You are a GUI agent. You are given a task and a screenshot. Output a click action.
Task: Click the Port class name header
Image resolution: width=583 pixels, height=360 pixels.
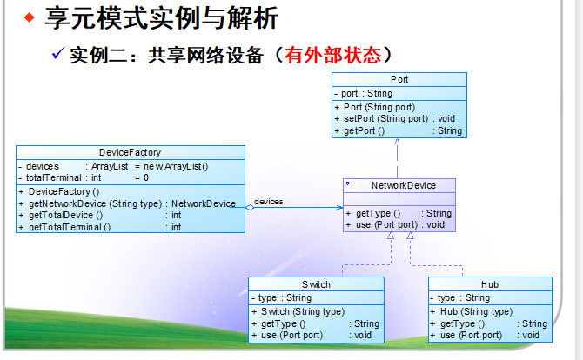pyautogui.click(x=399, y=79)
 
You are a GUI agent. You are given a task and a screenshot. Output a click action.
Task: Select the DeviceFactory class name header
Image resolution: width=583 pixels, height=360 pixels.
pyautogui.click(x=130, y=152)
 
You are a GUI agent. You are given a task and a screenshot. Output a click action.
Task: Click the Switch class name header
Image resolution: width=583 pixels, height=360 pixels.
pyautogui.click(x=316, y=284)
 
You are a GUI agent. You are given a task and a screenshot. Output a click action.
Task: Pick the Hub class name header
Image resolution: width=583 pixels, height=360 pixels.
pyautogui.click(x=490, y=284)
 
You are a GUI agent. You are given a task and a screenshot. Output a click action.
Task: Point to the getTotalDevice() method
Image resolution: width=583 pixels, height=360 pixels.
pyautogui.click(x=65, y=215)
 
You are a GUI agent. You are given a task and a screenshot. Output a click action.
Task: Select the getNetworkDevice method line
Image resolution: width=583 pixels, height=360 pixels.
pyautogui.click(x=127, y=203)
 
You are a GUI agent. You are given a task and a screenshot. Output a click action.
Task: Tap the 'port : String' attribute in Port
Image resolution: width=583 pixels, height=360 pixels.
pyautogui.click(x=366, y=93)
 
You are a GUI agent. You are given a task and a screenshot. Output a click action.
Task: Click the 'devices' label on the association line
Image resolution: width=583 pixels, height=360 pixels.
pyautogui.click(x=269, y=202)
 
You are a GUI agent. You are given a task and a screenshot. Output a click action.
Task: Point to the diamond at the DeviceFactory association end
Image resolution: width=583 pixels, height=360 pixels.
pyautogui.click(x=250, y=208)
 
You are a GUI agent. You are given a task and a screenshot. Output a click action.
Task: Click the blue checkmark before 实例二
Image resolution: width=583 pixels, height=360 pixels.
pyautogui.click(x=59, y=54)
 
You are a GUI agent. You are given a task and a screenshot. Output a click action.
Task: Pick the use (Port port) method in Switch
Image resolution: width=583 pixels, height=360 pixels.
pyautogui.click(x=292, y=335)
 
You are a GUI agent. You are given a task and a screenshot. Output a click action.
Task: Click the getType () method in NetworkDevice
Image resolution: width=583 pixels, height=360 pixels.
pyautogui.click(x=375, y=213)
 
